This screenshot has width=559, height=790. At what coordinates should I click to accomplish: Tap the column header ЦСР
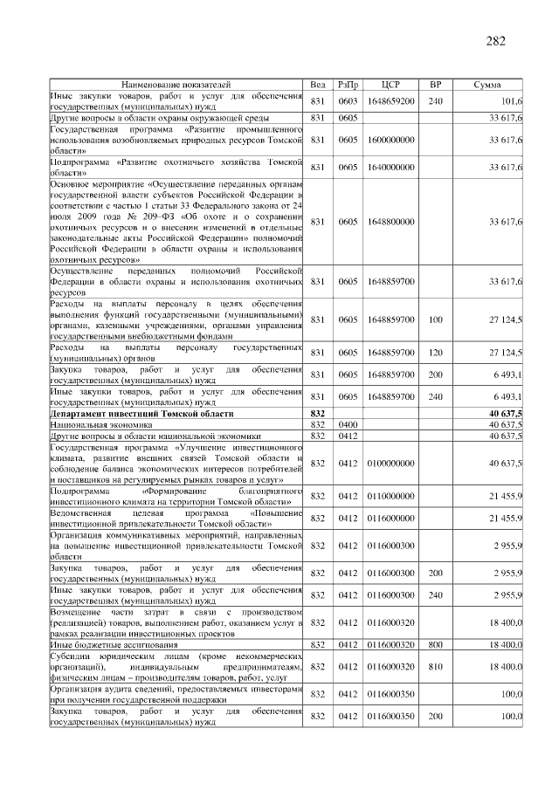click(x=390, y=85)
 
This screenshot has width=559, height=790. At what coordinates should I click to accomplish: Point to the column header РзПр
click(x=348, y=85)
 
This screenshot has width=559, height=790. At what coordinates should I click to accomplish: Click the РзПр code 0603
click(x=348, y=101)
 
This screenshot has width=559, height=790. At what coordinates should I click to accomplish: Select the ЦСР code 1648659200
click(x=390, y=101)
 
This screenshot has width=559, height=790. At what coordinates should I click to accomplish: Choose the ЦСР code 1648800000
click(x=390, y=222)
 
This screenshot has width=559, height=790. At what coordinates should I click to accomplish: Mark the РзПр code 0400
click(x=348, y=423)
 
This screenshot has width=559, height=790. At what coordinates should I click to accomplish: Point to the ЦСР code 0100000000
click(x=390, y=463)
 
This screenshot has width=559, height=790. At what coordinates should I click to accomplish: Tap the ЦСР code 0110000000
click(x=390, y=496)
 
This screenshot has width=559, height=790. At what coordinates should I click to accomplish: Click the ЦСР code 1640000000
click(x=390, y=167)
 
